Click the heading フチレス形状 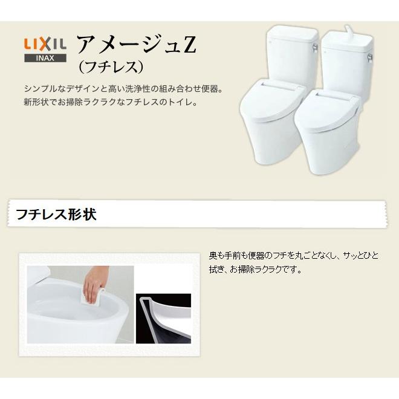[56, 214]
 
